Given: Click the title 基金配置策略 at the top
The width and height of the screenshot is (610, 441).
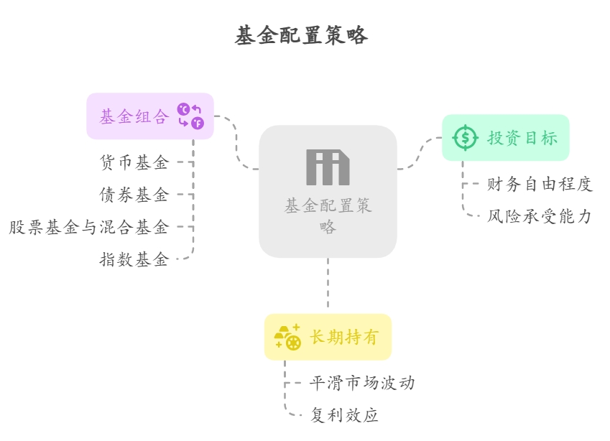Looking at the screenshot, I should [x=301, y=35].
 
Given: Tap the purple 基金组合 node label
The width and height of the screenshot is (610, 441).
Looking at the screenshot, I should [x=134, y=117].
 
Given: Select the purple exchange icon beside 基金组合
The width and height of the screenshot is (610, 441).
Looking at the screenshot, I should [x=190, y=116].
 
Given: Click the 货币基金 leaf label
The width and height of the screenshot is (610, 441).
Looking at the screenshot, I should [x=134, y=163].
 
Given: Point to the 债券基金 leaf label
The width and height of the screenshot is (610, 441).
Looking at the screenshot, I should [x=134, y=195].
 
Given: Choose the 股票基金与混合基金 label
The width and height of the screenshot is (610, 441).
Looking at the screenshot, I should [x=89, y=228].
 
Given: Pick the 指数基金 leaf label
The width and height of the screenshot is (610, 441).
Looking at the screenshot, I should [x=134, y=260].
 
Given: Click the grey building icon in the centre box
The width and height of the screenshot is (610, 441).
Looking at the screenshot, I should [x=328, y=167].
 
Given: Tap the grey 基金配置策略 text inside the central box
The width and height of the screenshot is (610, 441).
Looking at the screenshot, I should [x=328, y=216].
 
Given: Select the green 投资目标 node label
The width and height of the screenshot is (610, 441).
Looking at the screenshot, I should [x=522, y=138].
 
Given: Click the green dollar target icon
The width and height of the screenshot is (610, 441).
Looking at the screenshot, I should [x=466, y=137].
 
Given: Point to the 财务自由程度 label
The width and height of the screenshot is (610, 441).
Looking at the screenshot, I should [x=540, y=185].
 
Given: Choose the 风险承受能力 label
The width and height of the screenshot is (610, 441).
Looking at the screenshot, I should [x=540, y=216].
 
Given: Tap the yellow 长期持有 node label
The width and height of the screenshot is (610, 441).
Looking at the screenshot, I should [x=343, y=337].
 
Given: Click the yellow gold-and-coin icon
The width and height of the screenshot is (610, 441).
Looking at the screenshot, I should [x=287, y=337].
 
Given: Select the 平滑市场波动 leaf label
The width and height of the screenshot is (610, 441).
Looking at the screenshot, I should [x=362, y=383].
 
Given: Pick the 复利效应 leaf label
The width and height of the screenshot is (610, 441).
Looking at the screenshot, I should [x=344, y=415].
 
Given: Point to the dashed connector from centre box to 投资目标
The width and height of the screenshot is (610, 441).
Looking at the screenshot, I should [x=420, y=154].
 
